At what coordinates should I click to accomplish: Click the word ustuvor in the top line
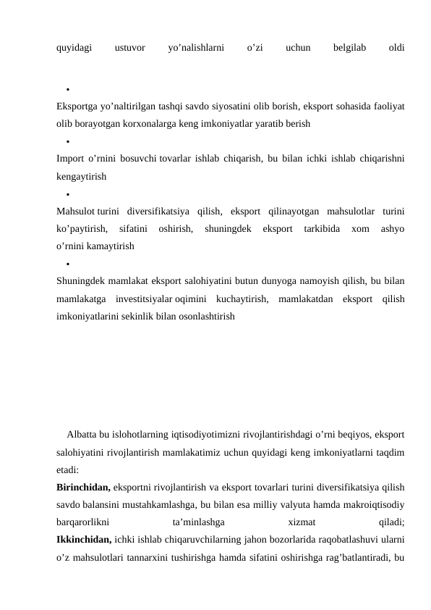[129, 49]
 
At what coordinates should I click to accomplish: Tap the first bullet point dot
[66, 91]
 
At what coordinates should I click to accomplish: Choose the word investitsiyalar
[144, 298]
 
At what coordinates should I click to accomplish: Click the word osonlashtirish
[205, 316]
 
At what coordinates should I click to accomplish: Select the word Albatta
[81, 435]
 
